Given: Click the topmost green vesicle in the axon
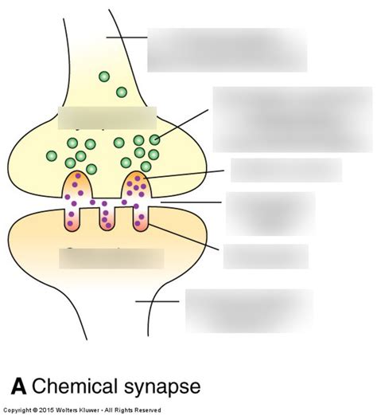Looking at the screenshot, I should pyautogui.click(x=103, y=77).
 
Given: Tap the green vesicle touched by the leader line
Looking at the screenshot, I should pyautogui.click(x=154, y=139).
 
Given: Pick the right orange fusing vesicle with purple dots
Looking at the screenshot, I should pyautogui.click(x=137, y=186).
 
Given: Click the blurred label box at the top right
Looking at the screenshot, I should pyautogui.click(x=227, y=49).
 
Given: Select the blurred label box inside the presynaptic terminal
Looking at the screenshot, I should pyautogui.click(x=107, y=117).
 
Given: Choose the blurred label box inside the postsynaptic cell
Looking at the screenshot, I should pyautogui.click(x=111, y=258).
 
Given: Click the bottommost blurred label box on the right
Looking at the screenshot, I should pyautogui.click(x=248, y=310).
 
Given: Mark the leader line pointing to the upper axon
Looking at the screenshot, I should pyautogui.click(x=127, y=37).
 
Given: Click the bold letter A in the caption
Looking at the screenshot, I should pyautogui.click(x=20, y=387).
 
